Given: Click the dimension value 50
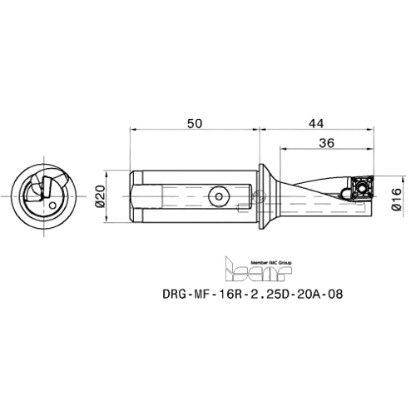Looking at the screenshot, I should click(x=193, y=123).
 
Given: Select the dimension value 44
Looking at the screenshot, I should click(x=315, y=123).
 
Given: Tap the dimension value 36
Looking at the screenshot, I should click(x=326, y=143).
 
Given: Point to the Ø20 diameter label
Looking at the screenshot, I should click(x=100, y=197).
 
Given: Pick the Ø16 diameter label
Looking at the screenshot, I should click(x=396, y=197).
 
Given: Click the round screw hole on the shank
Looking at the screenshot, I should click(x=217, y=197).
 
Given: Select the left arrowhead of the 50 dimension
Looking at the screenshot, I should click(x=133, y=131).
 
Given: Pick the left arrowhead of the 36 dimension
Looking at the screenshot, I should click(x=281, y=150).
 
